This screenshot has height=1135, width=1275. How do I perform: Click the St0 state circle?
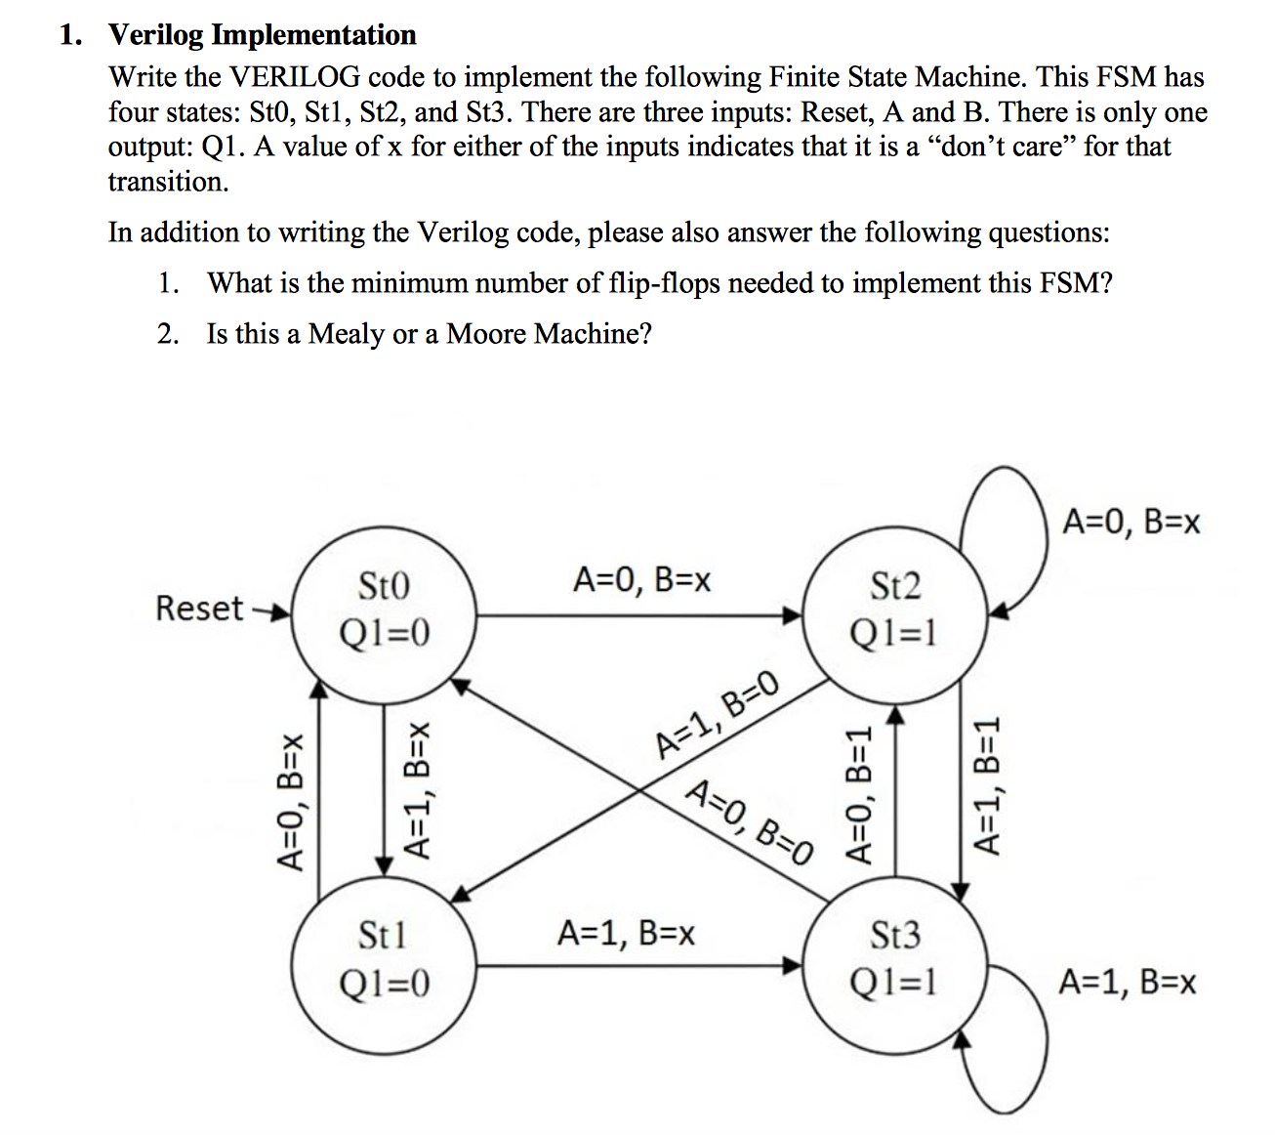click(384, 612)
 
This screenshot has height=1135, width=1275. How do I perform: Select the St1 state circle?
click(384, 960)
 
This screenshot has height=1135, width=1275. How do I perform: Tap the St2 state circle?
click(894, 612)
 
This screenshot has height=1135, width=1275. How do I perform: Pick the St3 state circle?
click(894, 960)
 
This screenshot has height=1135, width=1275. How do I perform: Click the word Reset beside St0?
click(199, 609)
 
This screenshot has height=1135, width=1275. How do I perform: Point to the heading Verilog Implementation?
click(262, 35)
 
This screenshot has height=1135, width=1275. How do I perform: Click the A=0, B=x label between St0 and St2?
click(641, 580)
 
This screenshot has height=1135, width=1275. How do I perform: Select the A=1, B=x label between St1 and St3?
click(626, 933)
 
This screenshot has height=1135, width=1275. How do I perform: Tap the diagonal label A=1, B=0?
click(718, 716)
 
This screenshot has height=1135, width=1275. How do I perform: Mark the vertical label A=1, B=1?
click(988, 785)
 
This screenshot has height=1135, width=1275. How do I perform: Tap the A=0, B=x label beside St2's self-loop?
click(1131, 522)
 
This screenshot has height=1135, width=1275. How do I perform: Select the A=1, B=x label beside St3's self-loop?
click(1128, 981)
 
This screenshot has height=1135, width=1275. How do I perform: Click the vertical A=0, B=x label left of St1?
click(290, 801)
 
